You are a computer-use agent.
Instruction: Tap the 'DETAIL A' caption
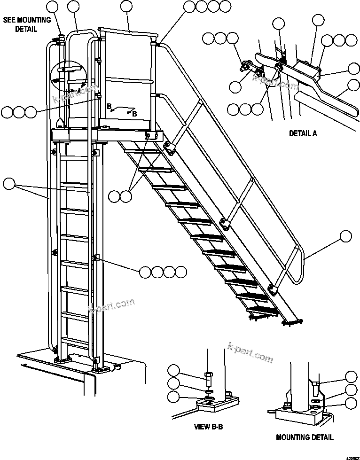(302, 133)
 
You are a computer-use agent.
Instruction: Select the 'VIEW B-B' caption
(208, 428)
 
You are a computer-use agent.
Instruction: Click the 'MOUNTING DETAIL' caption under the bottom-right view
(305, 437)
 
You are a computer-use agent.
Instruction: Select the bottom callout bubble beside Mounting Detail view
(351, 403)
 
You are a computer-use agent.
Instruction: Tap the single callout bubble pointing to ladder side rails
(9, 184)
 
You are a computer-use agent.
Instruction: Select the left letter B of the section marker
(109, 107)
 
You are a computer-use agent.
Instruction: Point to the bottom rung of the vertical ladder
(75, 339)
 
